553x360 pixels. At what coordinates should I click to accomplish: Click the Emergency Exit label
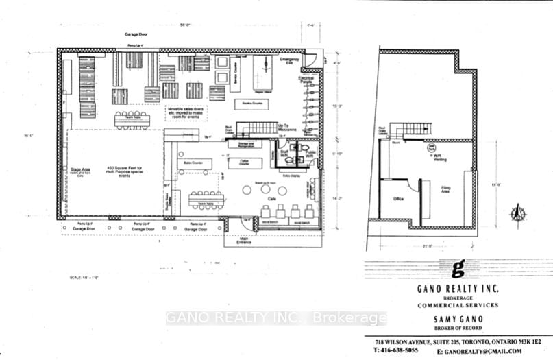pos(291,62)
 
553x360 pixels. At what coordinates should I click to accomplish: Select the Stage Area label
pos(81,169)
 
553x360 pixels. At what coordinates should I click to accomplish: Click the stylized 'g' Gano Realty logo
pos(458,267)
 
